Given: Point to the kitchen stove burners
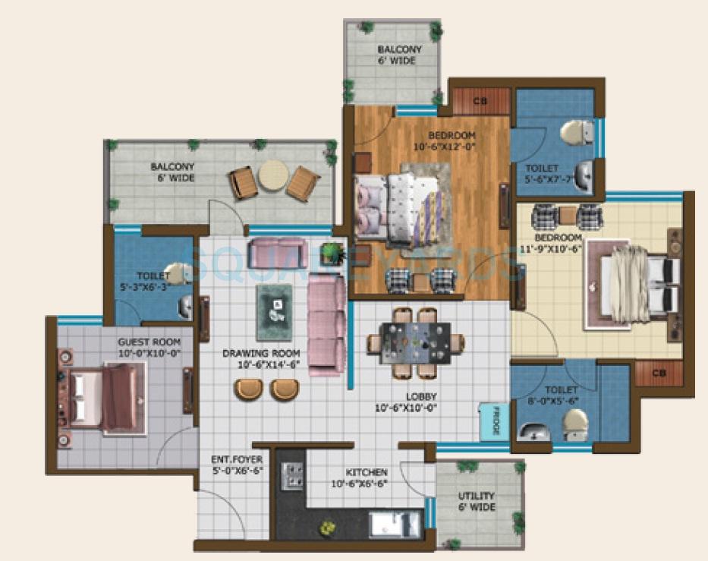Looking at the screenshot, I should [293, 476].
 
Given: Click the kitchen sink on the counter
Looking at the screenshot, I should [394, 524].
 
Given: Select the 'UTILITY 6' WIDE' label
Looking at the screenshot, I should [477, 502].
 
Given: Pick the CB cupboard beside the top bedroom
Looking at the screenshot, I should [480, 100].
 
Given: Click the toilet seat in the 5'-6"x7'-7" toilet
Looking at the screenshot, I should [576, 133].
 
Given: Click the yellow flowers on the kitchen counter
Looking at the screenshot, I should [327, 526].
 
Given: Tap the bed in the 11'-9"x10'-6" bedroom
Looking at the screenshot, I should [638, 284].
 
